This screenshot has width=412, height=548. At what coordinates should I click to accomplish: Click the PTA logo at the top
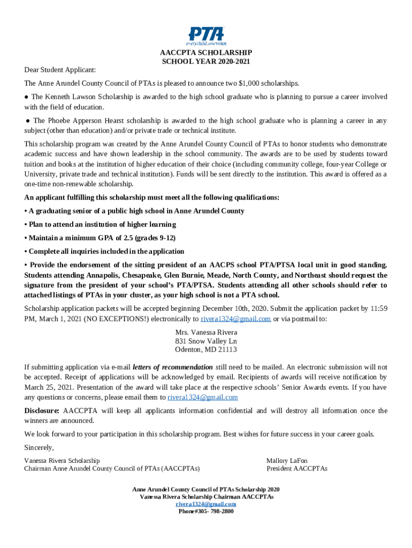click(x=206, y=35)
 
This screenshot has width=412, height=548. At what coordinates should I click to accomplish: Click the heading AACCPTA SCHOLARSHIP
click(x=206, y=53)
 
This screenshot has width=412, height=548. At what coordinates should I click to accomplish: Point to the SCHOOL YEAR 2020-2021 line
click(x=206, y=62)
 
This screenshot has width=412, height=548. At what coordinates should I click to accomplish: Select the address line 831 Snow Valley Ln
click(x=206, y=341)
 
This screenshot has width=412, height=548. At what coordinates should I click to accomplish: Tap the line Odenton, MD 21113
click(x=206, y=349)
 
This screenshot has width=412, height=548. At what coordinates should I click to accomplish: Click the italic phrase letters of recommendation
click(x=172, y=367)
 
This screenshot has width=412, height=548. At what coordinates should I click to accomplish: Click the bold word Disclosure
click(x=42, y=411)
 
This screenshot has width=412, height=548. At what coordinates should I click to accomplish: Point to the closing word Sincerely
click(x=39, y=447)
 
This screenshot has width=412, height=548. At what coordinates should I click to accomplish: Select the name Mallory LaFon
click(x=287, y=460)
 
